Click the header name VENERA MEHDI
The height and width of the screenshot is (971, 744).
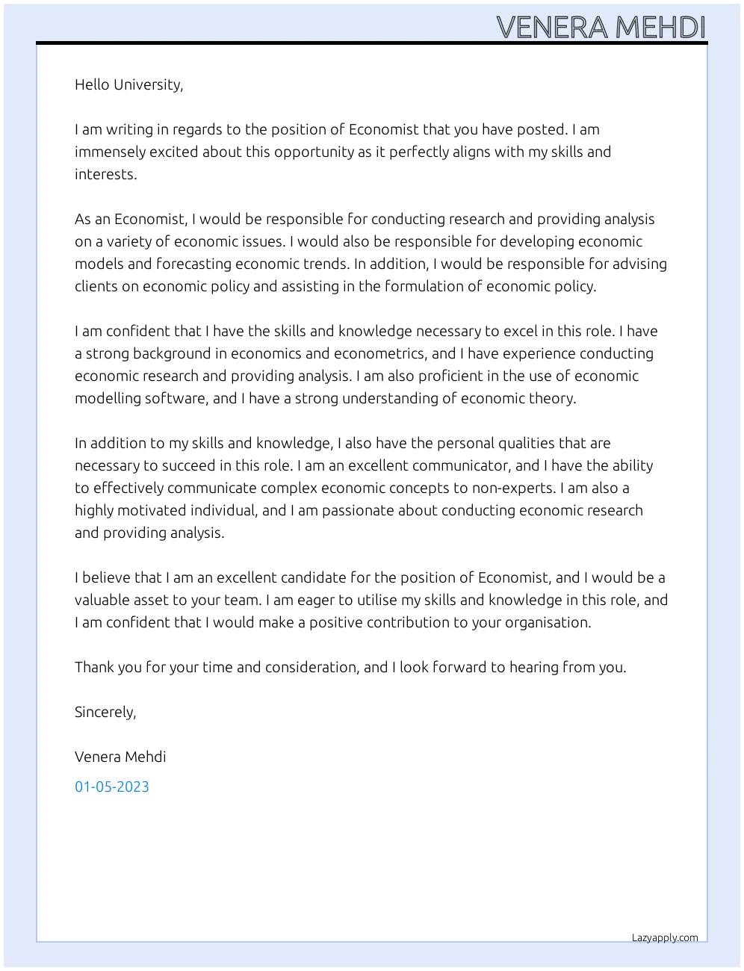[601, 28]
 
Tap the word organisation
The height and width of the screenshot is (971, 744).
[549, 622]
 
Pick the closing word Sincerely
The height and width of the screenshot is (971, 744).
[105, 712]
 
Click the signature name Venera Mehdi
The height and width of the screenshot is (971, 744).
[120, 757]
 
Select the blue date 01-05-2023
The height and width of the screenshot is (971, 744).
[112, 787]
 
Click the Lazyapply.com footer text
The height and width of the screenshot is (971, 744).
[665, 938]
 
